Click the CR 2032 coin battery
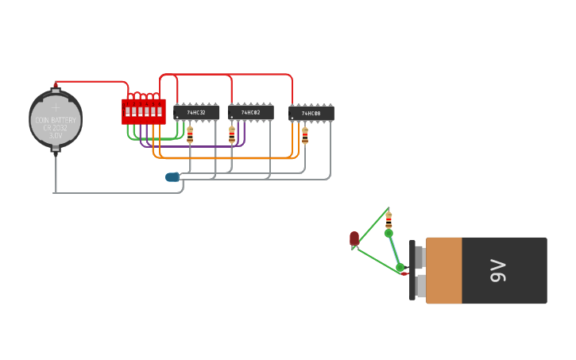[x=56, y=119]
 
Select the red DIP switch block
[x=144, y=111]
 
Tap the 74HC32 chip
[x=196, y=113]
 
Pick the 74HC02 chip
[x=251, y=113]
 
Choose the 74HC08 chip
[x=311, y=114]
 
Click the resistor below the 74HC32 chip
[x=190, y=135]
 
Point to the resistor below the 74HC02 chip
[x=232, y=135]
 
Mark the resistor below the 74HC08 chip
[x=305, y=136]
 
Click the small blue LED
[x=172, y=177]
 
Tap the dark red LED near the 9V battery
[x=354, y=238]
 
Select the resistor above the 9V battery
[x=389, y=220]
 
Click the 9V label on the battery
[x=498, y=270]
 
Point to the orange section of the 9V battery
[x=444, y=270]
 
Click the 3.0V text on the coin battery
[x=56, y=136]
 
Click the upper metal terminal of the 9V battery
[x=419, y=257]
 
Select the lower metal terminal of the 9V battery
[x=419, y=285]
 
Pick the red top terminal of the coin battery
[x=56, y=84]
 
